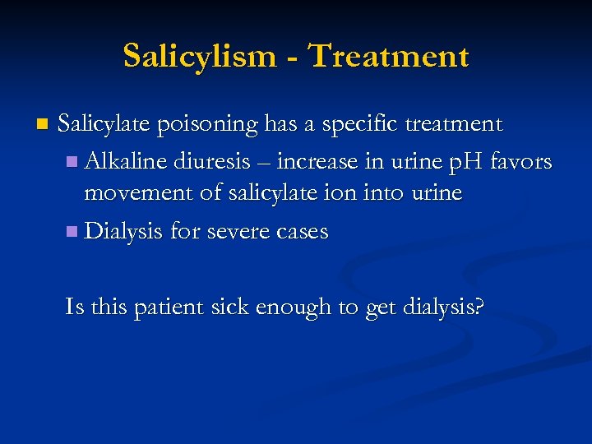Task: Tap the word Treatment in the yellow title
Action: pos(387,56)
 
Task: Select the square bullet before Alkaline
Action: pos(72,161)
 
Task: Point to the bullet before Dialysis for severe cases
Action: pos(72,233)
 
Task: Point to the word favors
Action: pos(520,160)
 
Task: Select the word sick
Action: pos(229,307)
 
